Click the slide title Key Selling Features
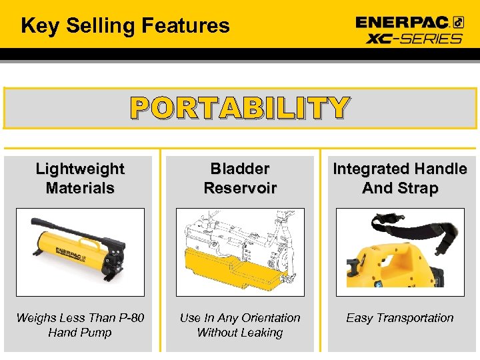pos(125,26)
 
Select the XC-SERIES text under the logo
pos(414,38)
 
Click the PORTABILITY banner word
pos(239,108)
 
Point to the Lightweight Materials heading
pos(80,179)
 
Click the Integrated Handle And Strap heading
pos(400,179)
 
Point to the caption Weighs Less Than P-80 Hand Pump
pos(80,325)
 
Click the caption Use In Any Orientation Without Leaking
pos(240,325)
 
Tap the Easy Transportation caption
pos(399,318)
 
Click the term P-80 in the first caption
pos(129,318)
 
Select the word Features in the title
pos(186,26)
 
